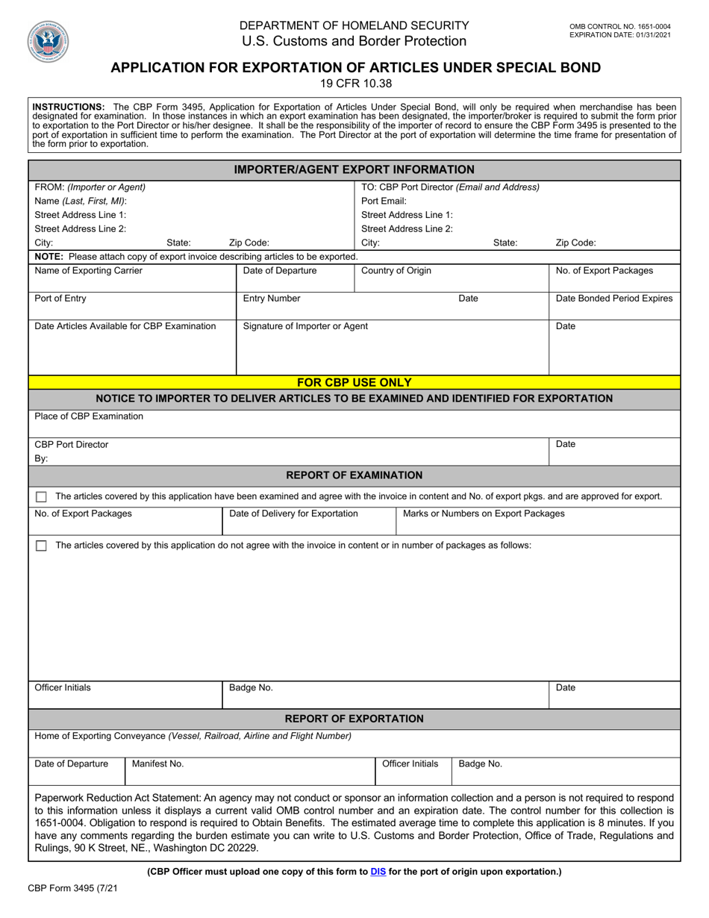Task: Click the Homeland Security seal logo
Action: [48, 41]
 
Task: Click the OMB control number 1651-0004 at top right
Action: [619, 26]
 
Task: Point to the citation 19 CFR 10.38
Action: [355, 84]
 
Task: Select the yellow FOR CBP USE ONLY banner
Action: [354, 382]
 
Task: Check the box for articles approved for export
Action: [41, 497]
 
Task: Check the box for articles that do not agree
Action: [41, 546]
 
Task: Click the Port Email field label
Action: [384, 201]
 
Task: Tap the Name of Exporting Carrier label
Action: [89, 270]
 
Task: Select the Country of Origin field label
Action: [396, 270]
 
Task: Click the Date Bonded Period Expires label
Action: [614, 299]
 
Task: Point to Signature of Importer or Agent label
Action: [305, 326]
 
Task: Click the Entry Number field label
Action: [272, 299]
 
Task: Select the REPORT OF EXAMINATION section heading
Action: [354, 475]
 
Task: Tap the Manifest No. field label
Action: [157, 764]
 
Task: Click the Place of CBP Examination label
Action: [89, 416]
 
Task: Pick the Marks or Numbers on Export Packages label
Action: [484, 513]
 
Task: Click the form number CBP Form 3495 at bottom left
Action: [72, 889]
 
